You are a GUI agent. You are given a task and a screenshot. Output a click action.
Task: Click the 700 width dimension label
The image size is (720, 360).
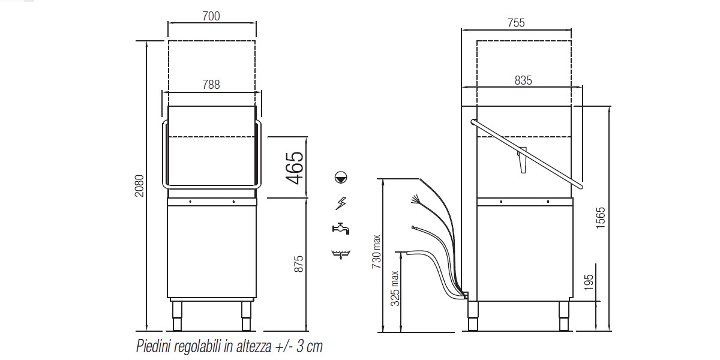pos(211,16)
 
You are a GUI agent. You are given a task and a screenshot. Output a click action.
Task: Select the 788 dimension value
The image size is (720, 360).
pos(211,85)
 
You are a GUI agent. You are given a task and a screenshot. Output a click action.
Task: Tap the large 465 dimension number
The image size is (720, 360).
pos(295,167)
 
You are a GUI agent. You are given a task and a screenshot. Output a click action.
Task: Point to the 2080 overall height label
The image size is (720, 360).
pos(139,186)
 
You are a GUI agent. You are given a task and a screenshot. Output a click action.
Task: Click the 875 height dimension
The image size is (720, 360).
pos(299,264)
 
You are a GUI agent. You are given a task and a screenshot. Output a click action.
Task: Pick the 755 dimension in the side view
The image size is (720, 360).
pos(516,23)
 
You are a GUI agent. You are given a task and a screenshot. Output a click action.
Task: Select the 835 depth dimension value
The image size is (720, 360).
pos(523,80)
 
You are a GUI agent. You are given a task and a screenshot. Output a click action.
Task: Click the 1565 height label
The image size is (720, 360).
pos(601,218)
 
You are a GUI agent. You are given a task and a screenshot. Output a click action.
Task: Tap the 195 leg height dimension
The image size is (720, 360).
pos(589,282)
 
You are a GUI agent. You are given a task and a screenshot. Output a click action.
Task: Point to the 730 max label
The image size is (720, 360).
pos(376,251)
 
